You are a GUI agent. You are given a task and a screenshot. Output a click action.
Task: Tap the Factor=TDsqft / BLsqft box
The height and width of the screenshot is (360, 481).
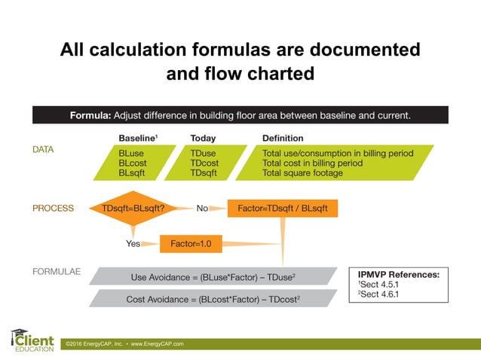282,208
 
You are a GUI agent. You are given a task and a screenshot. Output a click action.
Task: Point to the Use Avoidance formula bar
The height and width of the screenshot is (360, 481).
213,276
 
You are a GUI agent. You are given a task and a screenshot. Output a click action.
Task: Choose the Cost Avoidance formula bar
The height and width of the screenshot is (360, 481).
213,299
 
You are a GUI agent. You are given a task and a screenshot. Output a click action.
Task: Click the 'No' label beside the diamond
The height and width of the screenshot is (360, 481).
202,209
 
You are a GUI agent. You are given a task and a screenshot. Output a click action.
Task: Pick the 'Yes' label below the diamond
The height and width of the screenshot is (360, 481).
133,244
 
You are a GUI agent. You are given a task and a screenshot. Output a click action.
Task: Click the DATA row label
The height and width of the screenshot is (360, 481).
43,150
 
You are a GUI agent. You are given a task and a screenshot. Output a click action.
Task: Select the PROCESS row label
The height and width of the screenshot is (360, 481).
53,209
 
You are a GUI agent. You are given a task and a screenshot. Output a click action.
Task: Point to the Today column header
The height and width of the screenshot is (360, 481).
203,139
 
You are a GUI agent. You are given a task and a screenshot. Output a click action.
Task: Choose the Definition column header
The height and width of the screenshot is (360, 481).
283,139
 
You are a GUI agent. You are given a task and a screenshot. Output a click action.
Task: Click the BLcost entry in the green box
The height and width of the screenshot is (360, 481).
133,163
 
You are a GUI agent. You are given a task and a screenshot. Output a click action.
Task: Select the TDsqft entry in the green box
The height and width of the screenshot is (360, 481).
205,172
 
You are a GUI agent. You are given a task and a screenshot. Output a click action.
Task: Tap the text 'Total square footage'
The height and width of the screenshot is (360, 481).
302,172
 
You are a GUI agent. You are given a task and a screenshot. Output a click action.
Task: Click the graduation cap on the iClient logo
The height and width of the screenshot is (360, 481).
20,332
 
